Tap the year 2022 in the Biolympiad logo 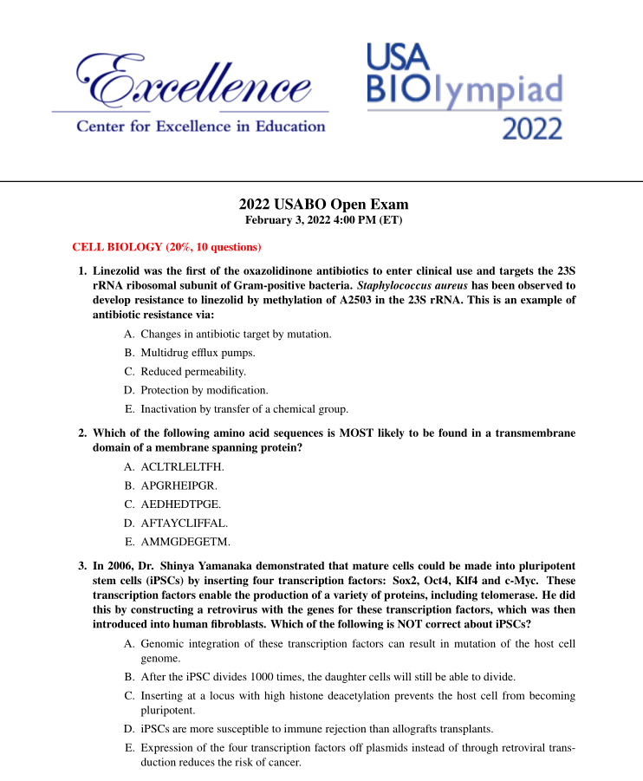pos(531,128)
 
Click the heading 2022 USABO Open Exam pos(323,205)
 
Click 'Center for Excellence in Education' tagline pos(201,127)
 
